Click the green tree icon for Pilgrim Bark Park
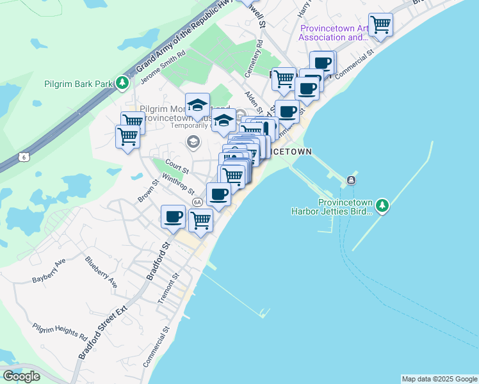[x=122, y=83]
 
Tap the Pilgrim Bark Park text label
[x=77, y=84]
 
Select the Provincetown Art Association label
[x=334, y=33]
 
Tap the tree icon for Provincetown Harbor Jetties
[x=382, y=205]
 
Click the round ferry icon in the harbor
[x=352, y=180]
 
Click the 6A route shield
[x=197, y=202]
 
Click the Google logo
[x=21, y=376]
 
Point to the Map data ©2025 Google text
[x=439, y=379]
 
